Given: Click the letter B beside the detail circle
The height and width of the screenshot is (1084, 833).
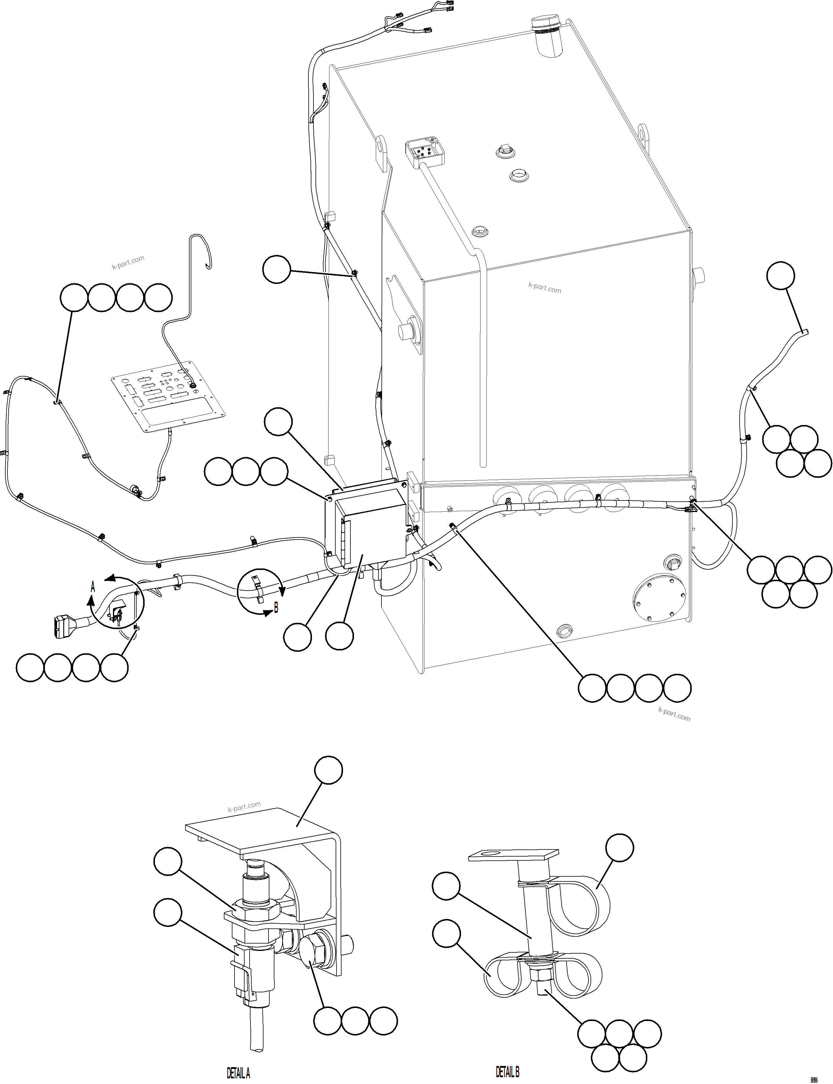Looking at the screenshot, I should (276, 608).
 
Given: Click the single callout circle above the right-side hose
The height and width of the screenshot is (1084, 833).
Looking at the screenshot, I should (780, 275).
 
